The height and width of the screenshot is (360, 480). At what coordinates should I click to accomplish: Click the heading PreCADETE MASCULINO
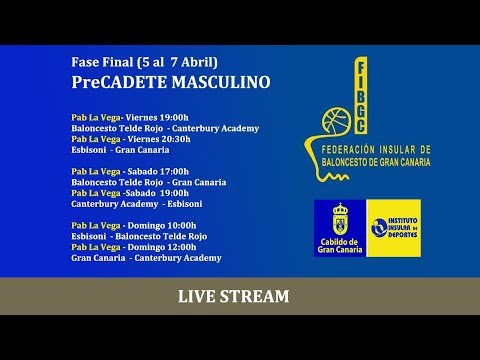coord(171,82)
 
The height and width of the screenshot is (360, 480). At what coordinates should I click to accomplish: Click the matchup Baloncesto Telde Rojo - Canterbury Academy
coord(165,128)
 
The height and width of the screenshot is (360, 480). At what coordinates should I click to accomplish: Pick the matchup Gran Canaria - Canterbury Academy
coord(146,258)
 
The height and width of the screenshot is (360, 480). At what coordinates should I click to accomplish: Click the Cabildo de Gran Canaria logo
coord(339,228)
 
